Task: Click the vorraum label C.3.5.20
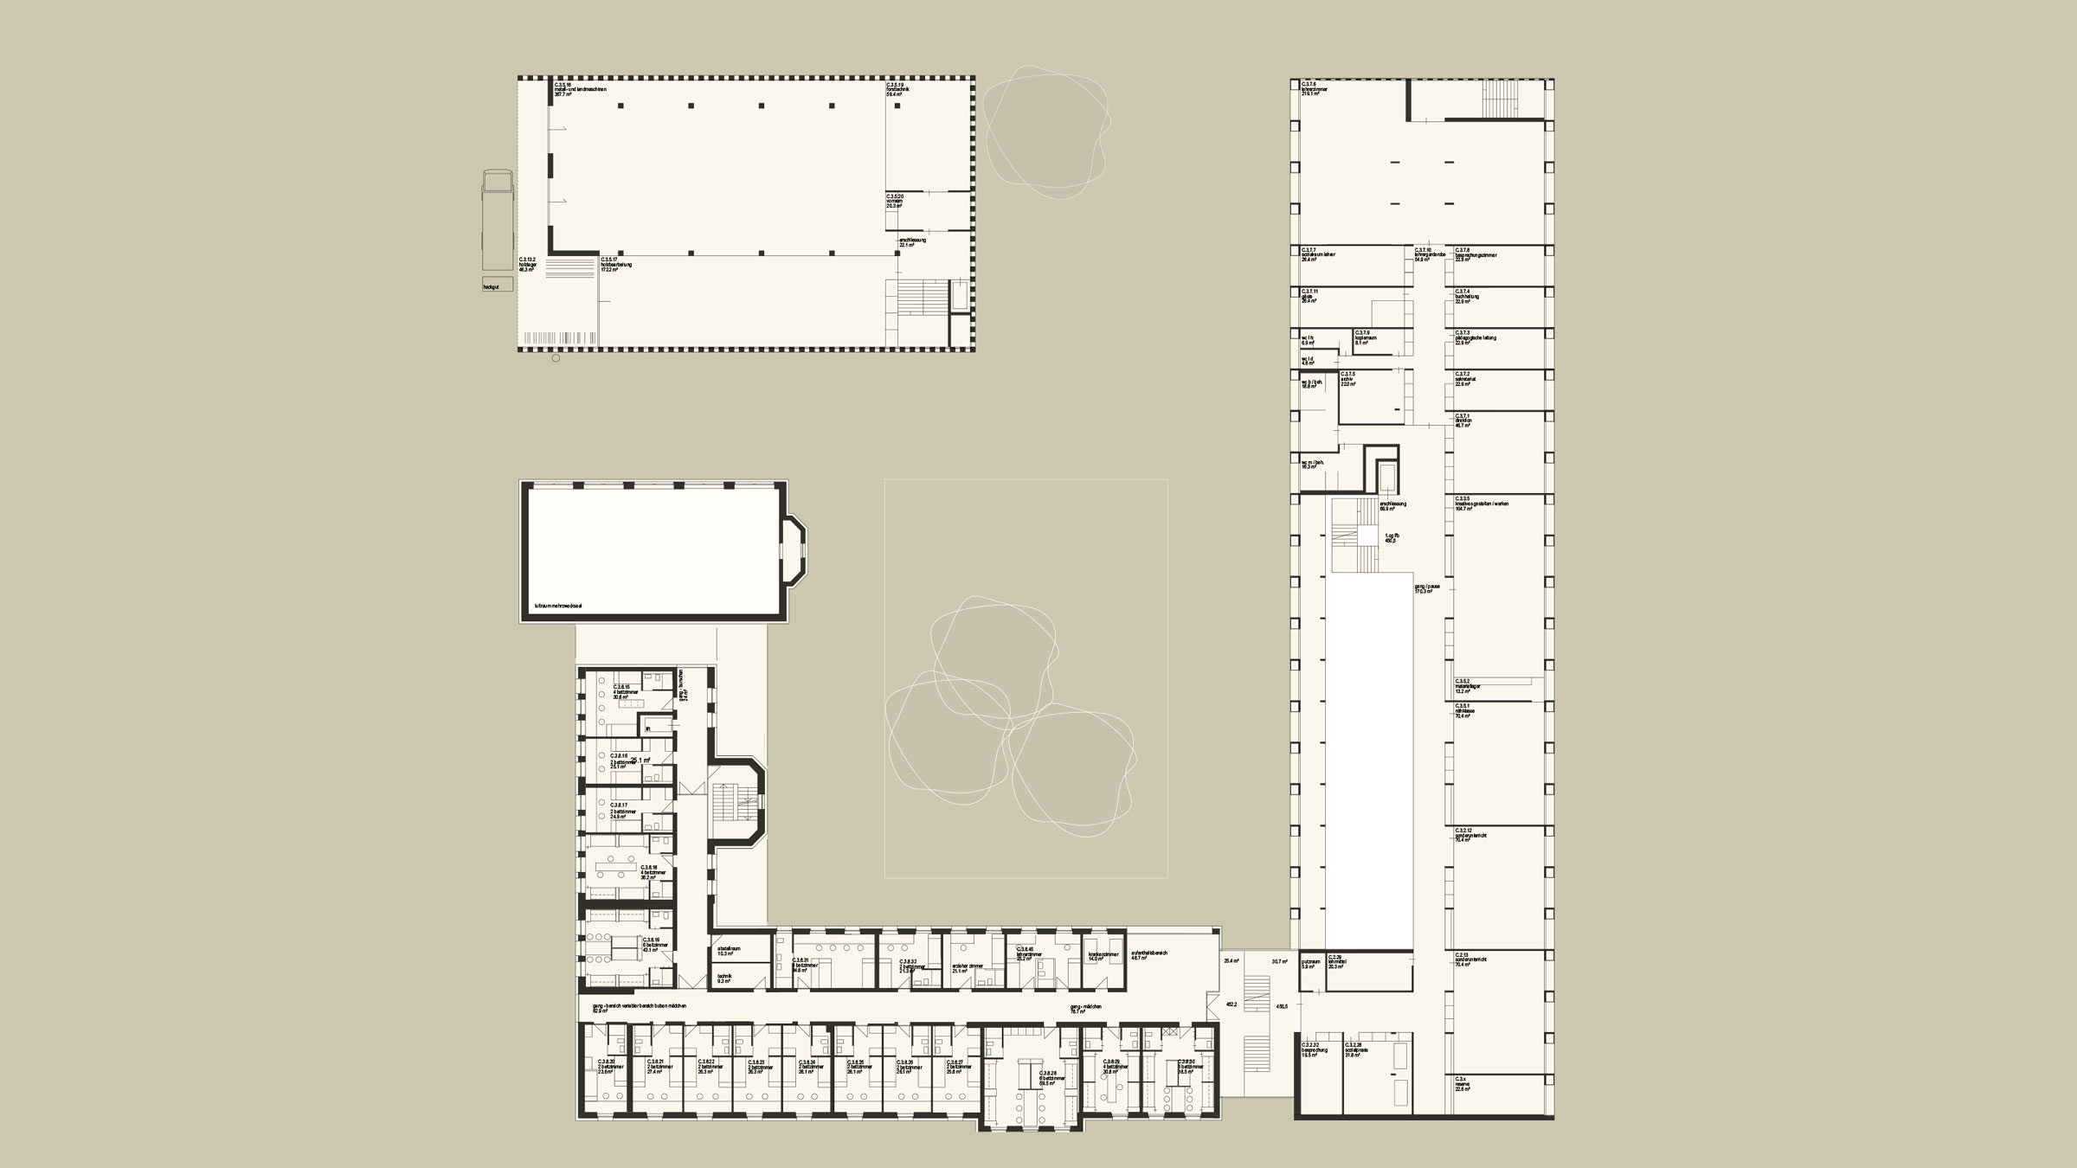(895, 202)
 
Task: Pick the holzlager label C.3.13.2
(528, 264)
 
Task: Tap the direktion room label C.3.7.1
(1463, 420)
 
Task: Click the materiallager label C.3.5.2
(1469, 686)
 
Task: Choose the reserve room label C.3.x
(1463, 1084)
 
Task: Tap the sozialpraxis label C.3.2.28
(1357, 1050)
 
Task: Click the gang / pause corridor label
(1427, 588)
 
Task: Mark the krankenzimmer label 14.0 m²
(1104, 956)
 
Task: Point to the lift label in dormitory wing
(647, 728)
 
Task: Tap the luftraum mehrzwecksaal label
(558, 606)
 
